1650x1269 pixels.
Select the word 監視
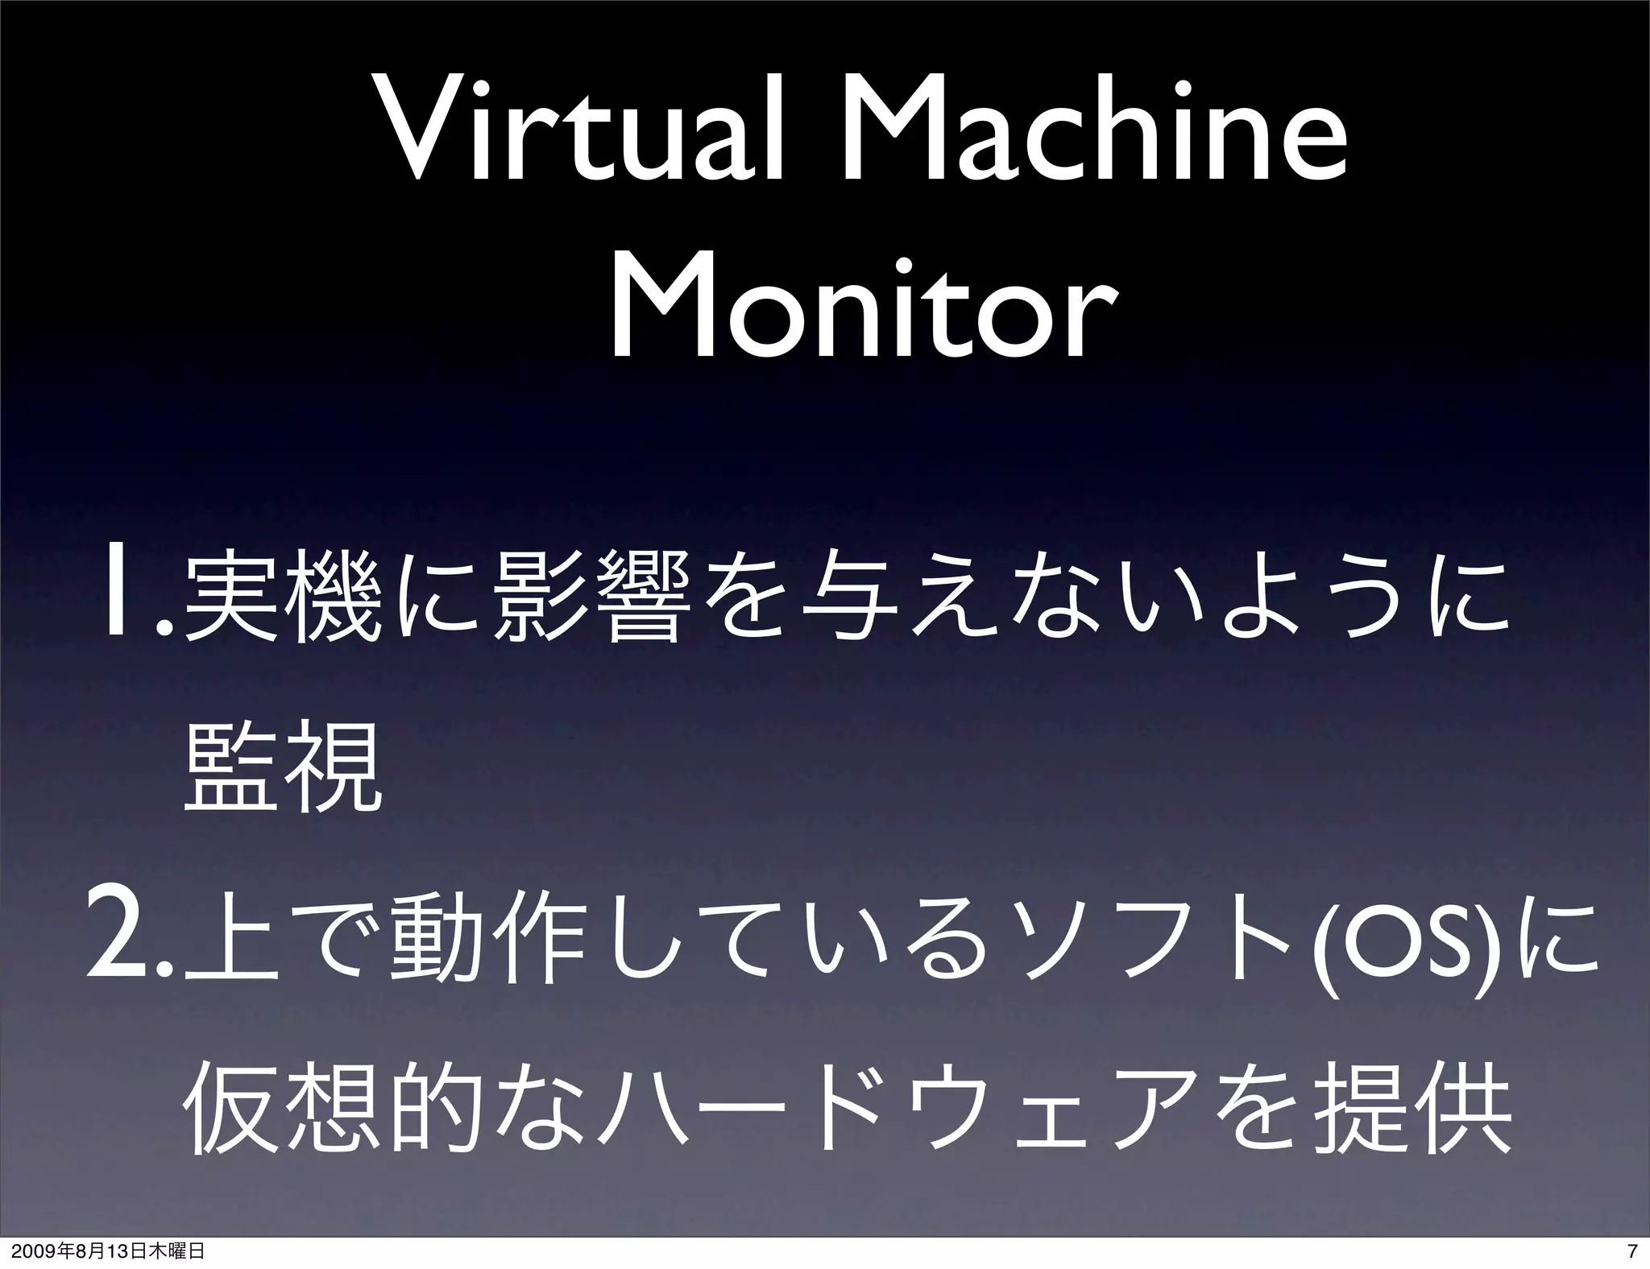[x=283, y=766]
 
